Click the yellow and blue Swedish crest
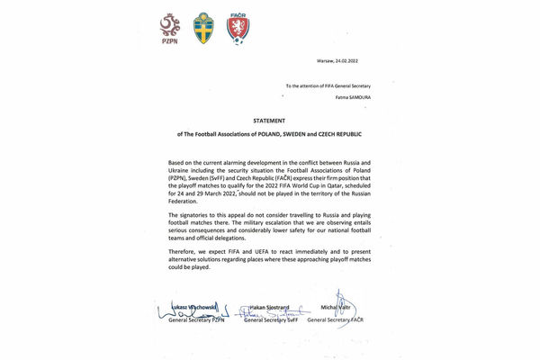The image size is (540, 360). pos(204,29)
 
